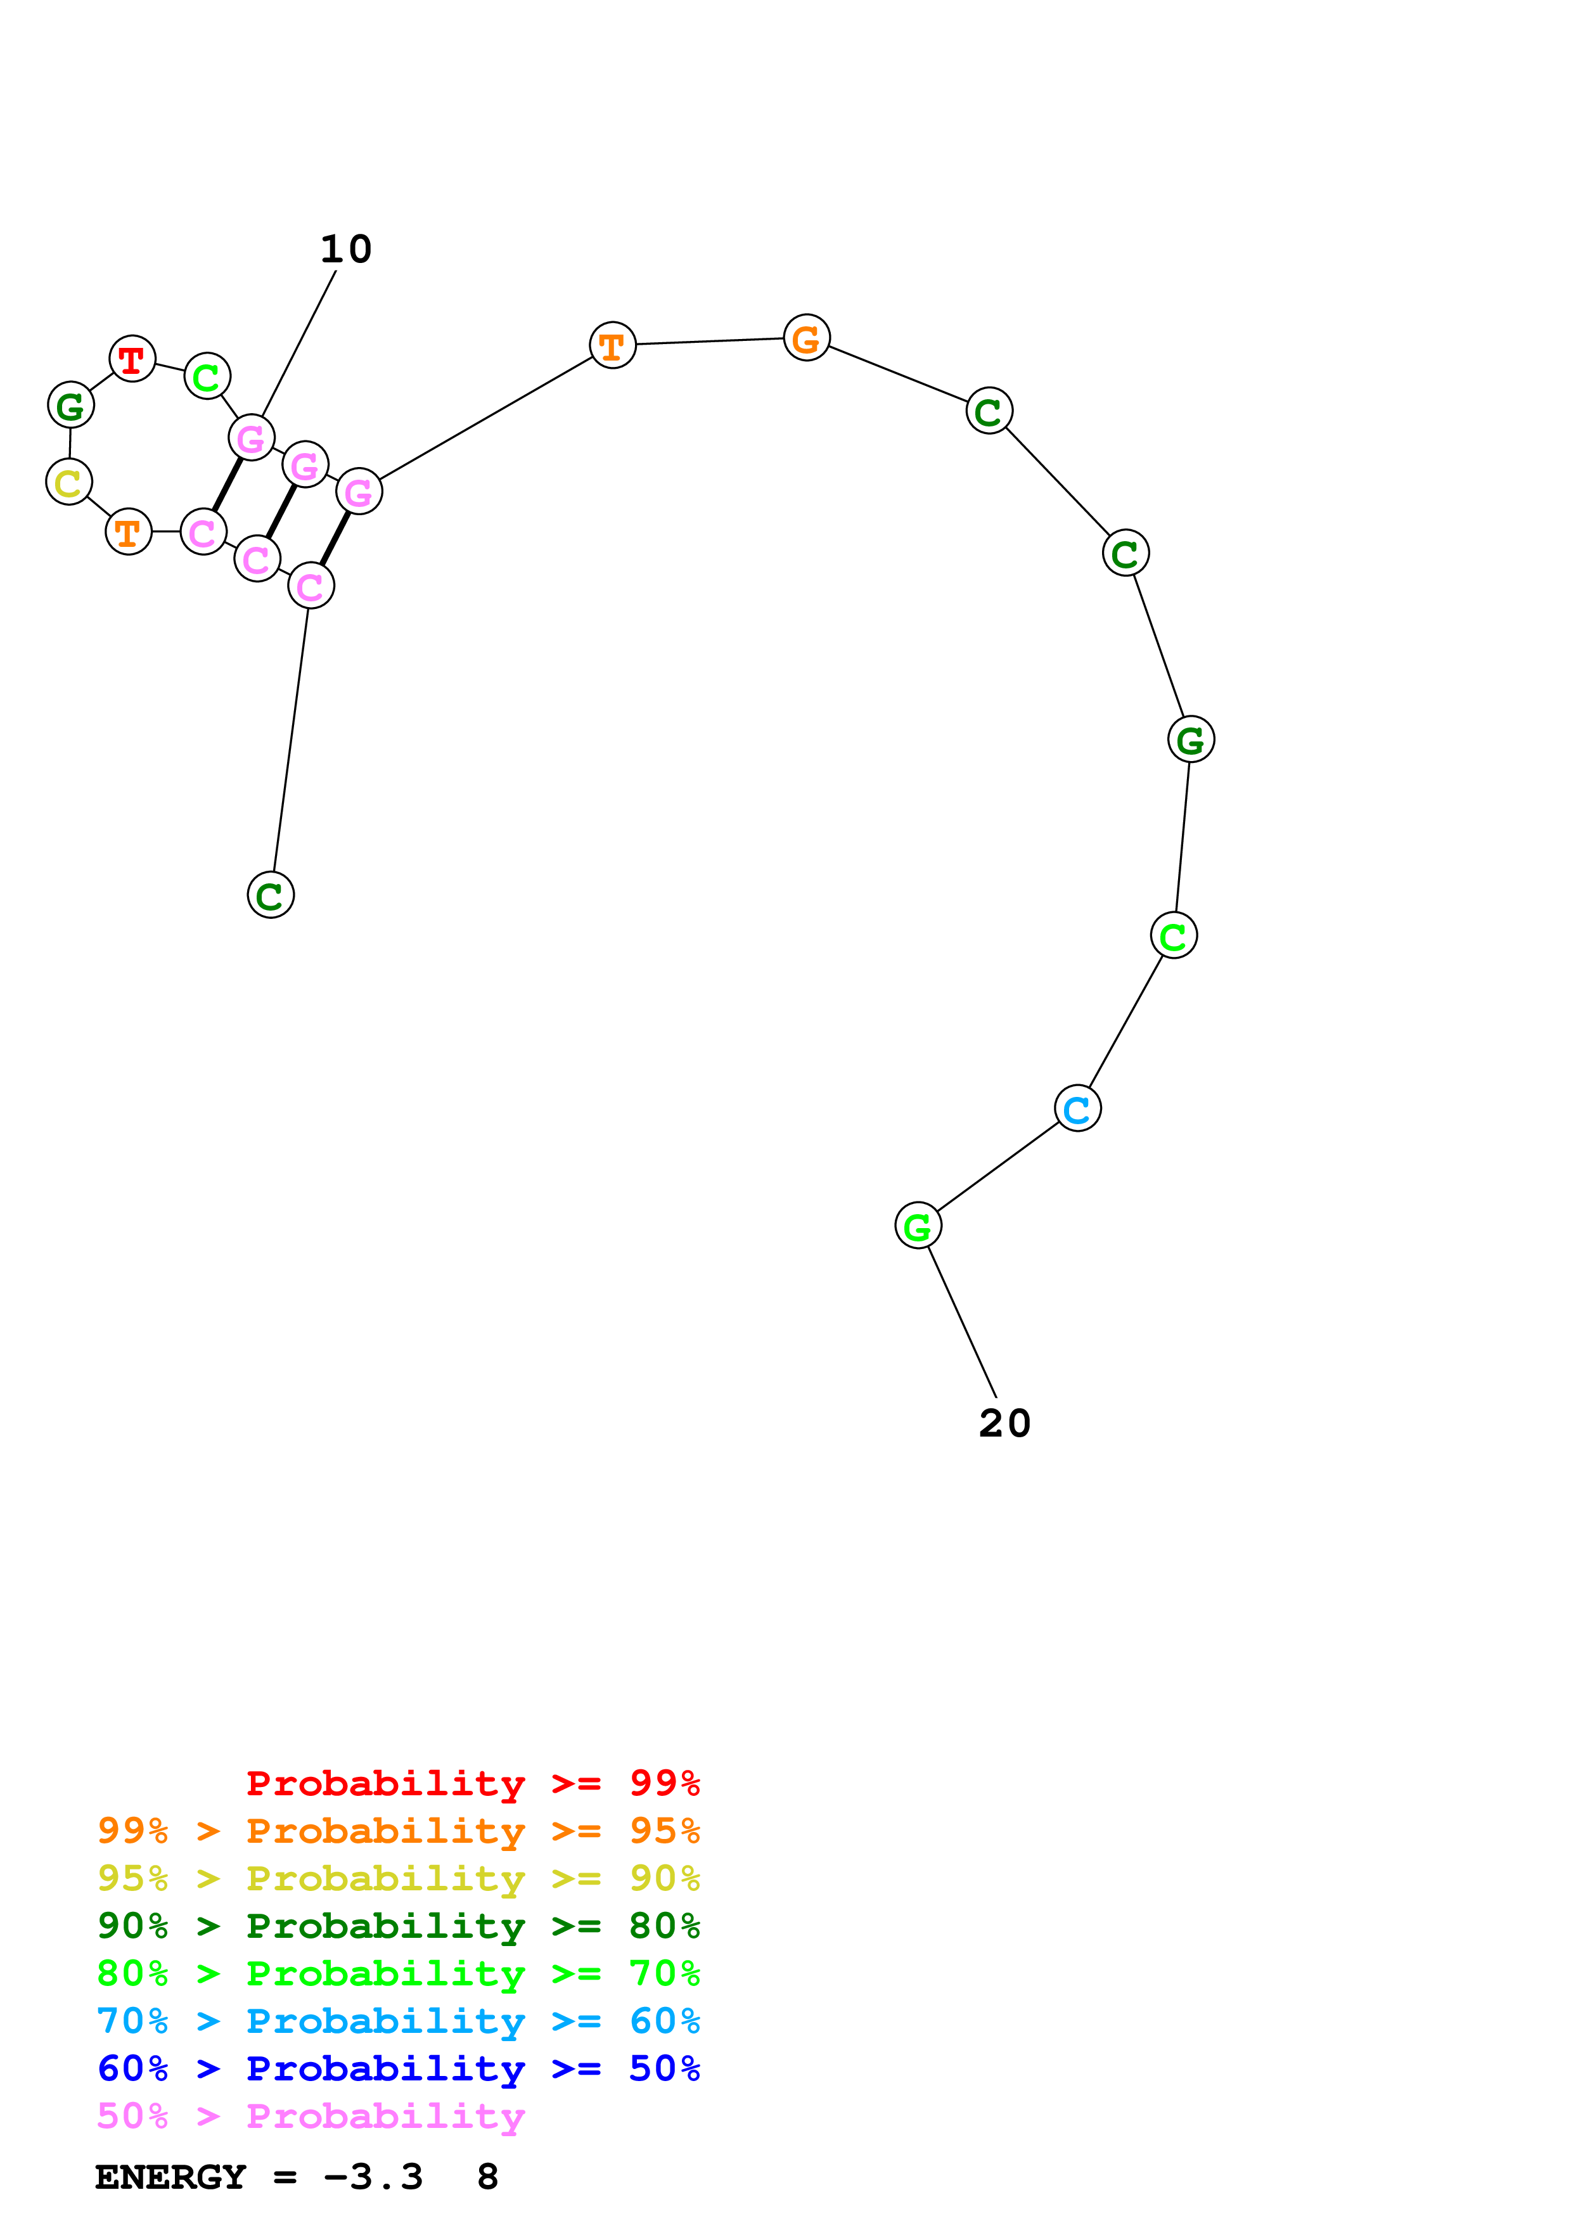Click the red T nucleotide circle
tap(132, 359)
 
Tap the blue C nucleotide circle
tap(1077, 1108)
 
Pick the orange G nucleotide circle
tap(806, 338)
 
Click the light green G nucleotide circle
tap(918, 1226)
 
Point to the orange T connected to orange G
tap(612, 345)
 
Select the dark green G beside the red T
tap(71, 405)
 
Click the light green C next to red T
tap(207, 376)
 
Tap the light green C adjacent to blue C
tap(1173, 935)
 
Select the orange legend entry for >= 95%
tap(398, 1830)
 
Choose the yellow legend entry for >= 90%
tap(398, 1878)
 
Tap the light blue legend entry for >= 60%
tap(398, 2021)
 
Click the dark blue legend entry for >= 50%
tap(398, 2068)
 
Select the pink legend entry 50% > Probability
tap(311, 2115)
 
